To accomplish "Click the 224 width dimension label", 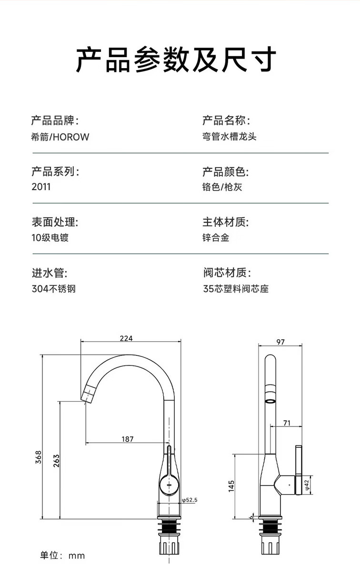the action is pyautogui.click(x=126, y=338).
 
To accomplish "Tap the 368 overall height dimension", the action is pyautogui.click(x=39, y=457).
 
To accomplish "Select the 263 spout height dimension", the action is pyautogui.click(x=56, y=461).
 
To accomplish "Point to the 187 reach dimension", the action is pyautogui.click(x=128, y=439).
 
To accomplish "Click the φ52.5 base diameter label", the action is pyautogui.click(x=190, y=500).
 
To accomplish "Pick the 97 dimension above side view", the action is pyautogui.click(x=280, y=342).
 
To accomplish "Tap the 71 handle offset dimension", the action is pyautogui.click(x=287, y=423).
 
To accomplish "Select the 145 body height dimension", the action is pyautogui.click(x=231, y=486).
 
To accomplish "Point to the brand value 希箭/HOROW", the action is pyautogui.click(x=60, y=137).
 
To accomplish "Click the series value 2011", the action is pyautogui.click(x=41, y=187).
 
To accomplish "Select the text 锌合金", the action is pyautogui.click(x=216, y=237).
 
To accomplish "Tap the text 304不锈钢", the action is pyautogui.click(x=54, y=288).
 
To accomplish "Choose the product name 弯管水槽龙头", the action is pyautogui.click(x=230, y=136).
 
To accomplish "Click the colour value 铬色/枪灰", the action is pyautogui.click(x=222, y=187).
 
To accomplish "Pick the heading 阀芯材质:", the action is pyautogui.click(x=227, y=273).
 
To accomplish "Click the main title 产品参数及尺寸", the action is pyautogui.click(x=176, y=60).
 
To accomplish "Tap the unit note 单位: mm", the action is pyautogui.click(x=62, y=555).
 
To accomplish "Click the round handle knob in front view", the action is pyautogui.click(x=169, y=486).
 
